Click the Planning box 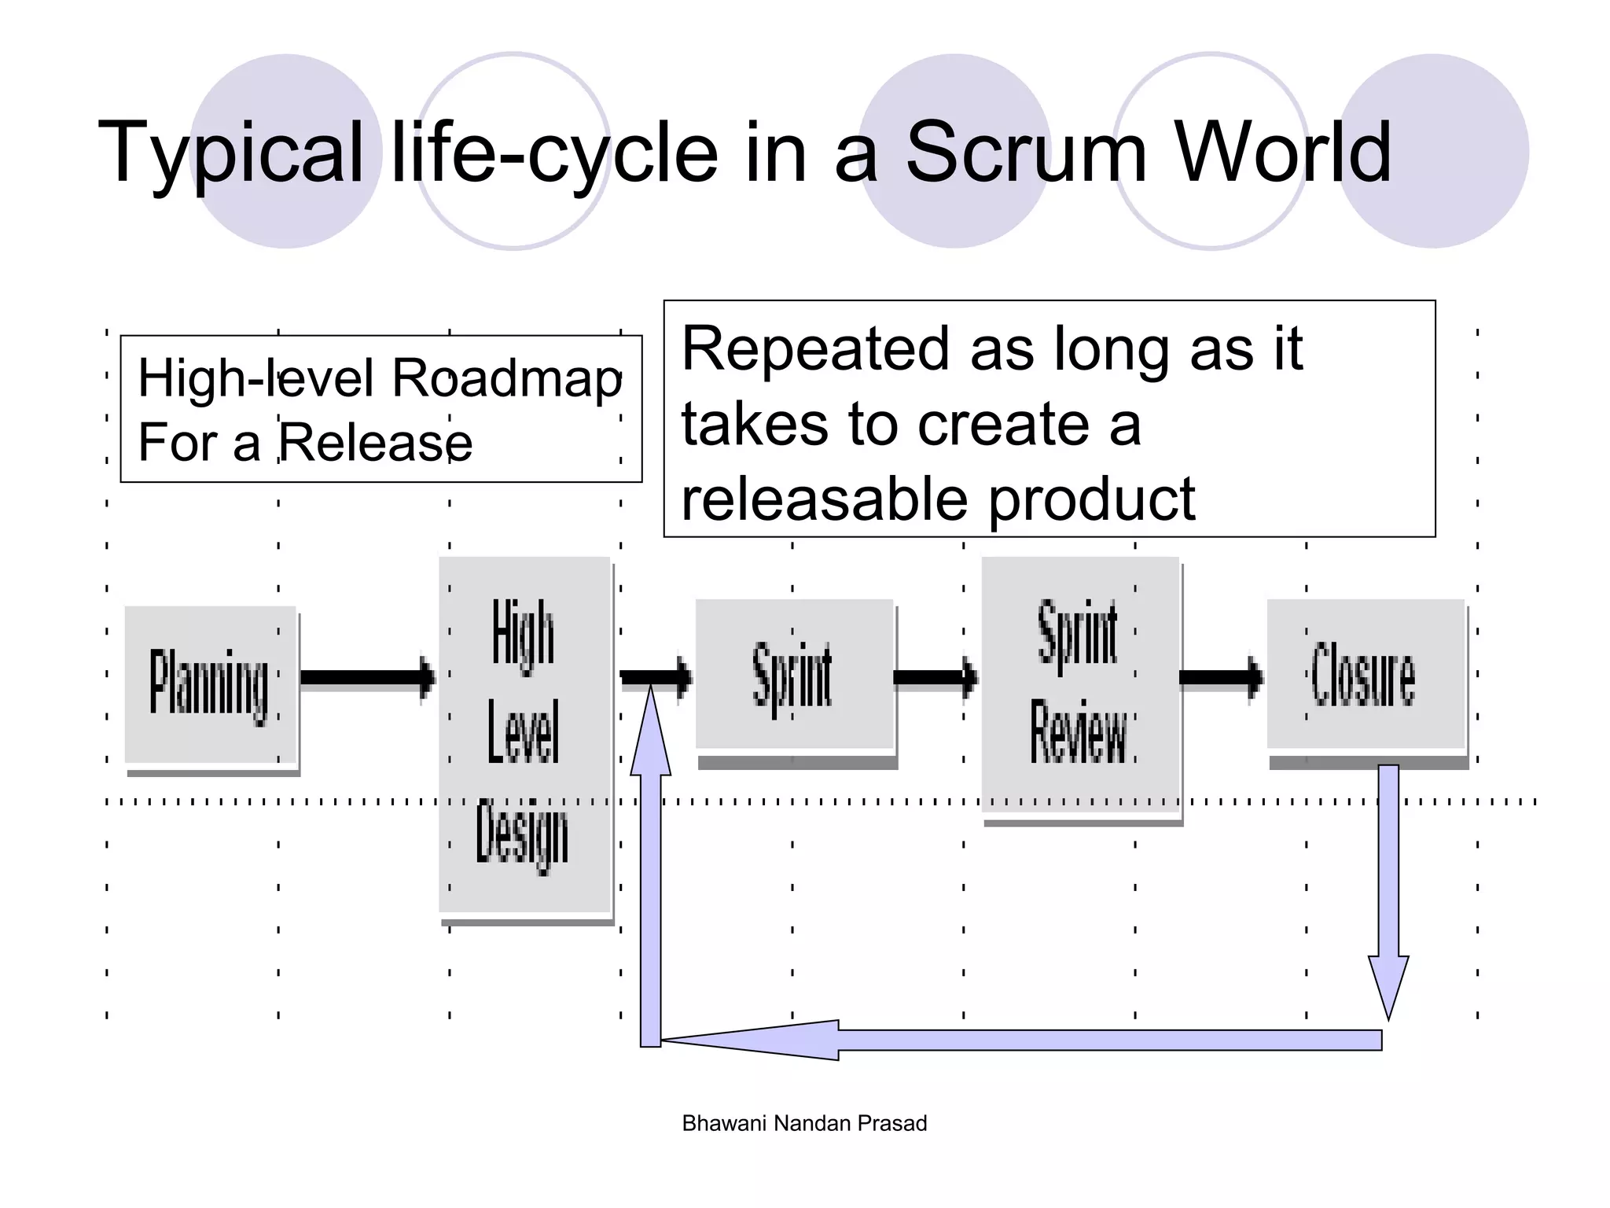[x=211, y=684]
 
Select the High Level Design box [x=524, y=735]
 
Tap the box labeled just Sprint [x=794, y=675]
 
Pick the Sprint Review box [x=1080, y=684]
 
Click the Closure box [x=1366, y=675]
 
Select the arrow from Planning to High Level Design [x=366, y=677]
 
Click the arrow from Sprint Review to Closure [x=1221, y=677]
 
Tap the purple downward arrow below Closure [x=1388, y=889]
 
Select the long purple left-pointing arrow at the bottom [x=1022, y=1040]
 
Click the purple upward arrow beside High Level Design [x=650, y=865]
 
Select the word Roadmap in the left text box [x=506, y=379]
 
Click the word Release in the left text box [x=375, y=442]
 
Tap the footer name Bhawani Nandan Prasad [x=804, y=1123]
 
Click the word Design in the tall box [x=522, y=834]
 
